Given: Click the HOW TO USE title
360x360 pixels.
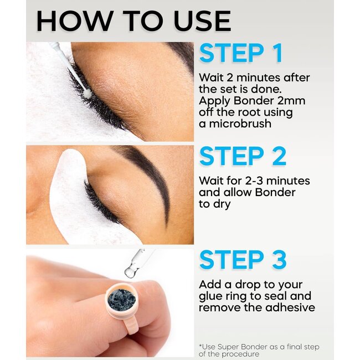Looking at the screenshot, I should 133,21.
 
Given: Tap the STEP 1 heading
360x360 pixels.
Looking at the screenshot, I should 241,53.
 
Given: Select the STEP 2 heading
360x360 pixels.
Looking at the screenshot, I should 243,157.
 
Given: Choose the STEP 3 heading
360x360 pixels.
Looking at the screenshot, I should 243,260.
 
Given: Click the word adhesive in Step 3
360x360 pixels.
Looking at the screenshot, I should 291,307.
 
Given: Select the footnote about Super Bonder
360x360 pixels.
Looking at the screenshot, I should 259,351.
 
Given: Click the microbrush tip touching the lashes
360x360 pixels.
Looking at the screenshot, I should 86,94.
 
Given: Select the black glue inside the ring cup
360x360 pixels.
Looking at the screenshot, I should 121,299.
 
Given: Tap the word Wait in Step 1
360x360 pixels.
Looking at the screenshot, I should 212,77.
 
